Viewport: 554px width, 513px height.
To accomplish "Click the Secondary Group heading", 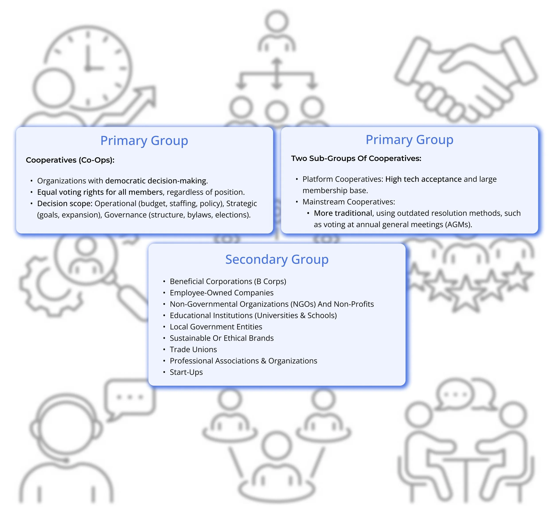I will [277, 259].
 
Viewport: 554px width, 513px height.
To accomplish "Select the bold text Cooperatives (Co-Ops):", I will [70, 160].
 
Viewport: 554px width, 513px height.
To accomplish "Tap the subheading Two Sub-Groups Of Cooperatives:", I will [356, 158].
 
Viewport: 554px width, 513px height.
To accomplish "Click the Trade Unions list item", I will [193, 349].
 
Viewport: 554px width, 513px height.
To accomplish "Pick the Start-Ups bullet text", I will [186, 372].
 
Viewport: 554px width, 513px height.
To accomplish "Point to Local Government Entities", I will [216, 326].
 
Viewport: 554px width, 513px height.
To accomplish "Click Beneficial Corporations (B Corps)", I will [228, 281].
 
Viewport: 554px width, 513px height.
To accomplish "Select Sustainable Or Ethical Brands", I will [221, 338].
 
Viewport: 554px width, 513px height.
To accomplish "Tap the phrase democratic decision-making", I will [156, 181].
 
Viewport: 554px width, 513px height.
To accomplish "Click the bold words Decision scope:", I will [65, 203].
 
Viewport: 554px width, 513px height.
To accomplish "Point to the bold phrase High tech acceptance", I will [423, 179].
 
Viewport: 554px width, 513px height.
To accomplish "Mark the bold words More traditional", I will [343, 213].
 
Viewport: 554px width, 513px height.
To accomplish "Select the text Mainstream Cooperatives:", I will [349, 202].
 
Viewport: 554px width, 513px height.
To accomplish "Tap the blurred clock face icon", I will [88, 67].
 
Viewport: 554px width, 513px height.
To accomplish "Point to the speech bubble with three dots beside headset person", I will [130, 398].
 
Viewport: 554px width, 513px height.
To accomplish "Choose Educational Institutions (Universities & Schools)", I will [253, 315].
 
